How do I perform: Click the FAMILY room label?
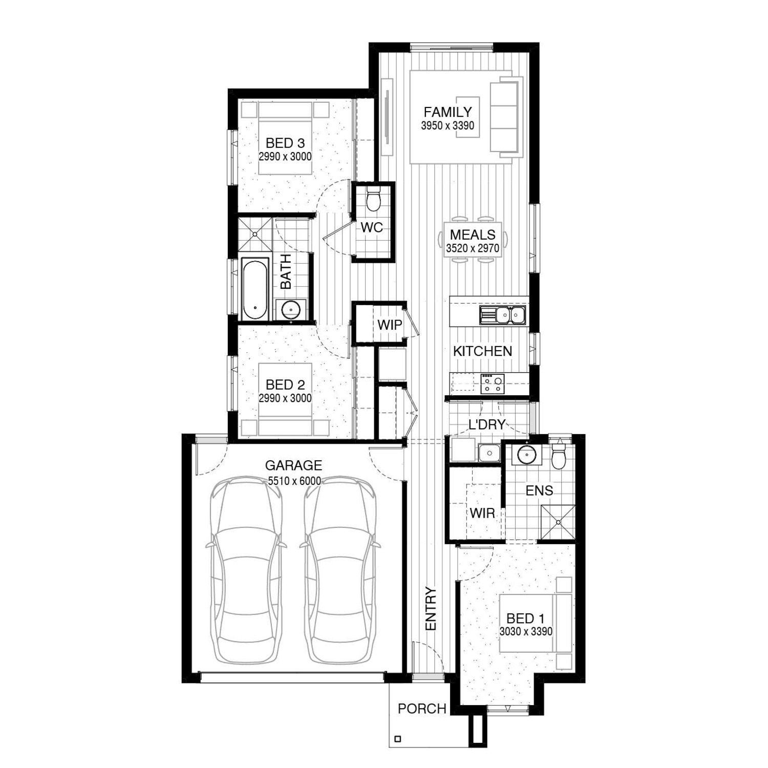447,112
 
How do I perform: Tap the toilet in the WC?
374,199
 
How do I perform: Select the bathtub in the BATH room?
254,290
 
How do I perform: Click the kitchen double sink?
502,315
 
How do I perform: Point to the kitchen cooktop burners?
492,383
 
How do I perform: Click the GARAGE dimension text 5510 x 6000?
294,481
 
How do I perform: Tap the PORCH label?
422,709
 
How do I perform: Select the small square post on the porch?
398,739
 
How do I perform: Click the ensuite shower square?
558,523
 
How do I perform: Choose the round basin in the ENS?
525,454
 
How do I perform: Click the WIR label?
482,513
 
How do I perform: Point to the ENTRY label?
431,609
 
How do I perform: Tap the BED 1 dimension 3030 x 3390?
526,632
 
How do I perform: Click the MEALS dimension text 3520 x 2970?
473,249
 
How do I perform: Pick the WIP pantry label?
390,325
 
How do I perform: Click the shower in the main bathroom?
255,234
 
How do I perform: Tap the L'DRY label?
487,424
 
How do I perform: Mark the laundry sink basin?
489,453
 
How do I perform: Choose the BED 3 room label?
285,143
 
